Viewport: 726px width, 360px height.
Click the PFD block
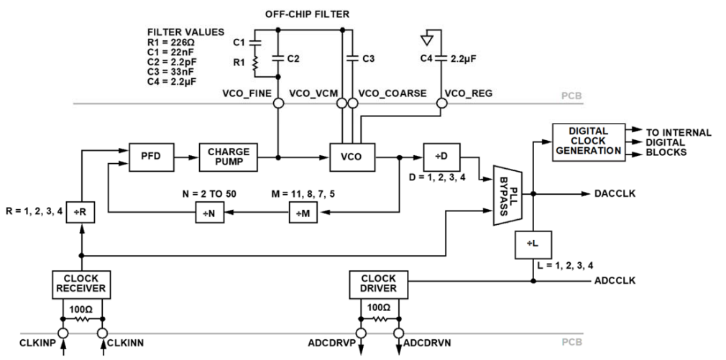pyautogui.click(x=150, y=156)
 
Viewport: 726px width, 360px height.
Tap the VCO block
pyautogui.click(x=351, y=156)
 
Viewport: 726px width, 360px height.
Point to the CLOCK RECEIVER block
pyautogui.click(x=81, y=284)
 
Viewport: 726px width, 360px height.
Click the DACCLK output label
pyautogui.click(x=615, y=195)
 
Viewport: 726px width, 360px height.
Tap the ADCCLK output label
pyautogui.click(x=615, y=281)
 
